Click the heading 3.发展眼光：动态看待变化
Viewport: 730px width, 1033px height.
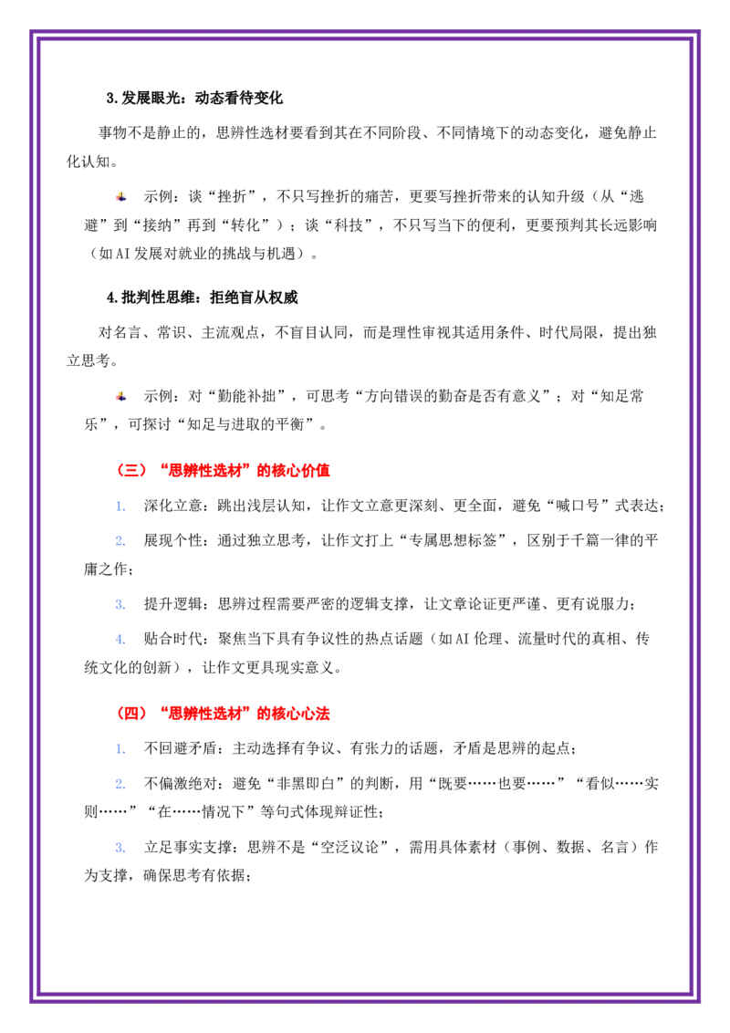click(194, 99)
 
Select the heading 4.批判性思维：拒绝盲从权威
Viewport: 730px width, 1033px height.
click(203, 297)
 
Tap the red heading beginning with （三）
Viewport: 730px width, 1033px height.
click(223, 470)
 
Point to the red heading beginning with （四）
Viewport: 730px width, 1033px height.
click(223, 714)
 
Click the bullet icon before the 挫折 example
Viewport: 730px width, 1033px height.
click(121, 196)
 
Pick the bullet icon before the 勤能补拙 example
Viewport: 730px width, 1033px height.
click(121, 396)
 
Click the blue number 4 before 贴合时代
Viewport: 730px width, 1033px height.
click(120, 639)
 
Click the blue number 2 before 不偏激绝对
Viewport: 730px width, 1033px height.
click(120, 784)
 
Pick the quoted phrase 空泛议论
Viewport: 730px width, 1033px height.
click(349, 847)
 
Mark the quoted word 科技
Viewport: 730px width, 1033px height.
click(349, 225)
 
